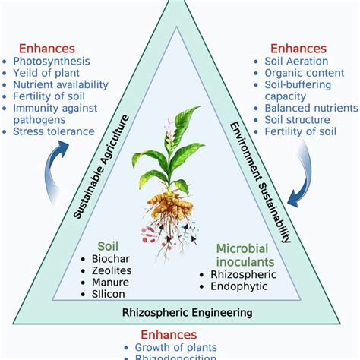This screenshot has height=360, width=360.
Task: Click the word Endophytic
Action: [x=228, y=286]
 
